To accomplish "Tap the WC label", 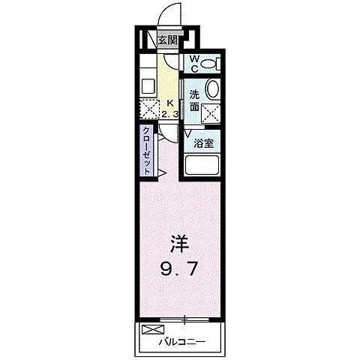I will pos(193,64).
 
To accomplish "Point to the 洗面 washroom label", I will pos(194,101).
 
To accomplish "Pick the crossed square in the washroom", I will pos(211,114).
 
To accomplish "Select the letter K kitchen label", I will pos(170,103).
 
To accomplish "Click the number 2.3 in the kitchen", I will pos(170,114).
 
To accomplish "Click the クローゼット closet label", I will pos(147,150).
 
